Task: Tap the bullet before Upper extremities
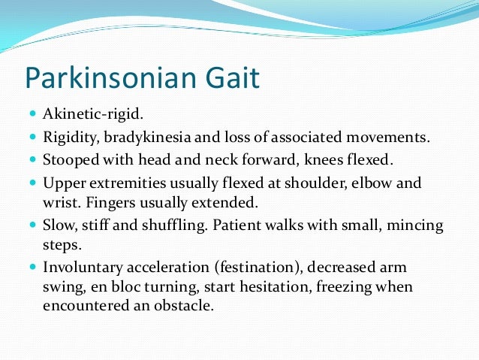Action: pos(35,183)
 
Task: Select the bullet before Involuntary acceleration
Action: pos(35,268)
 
